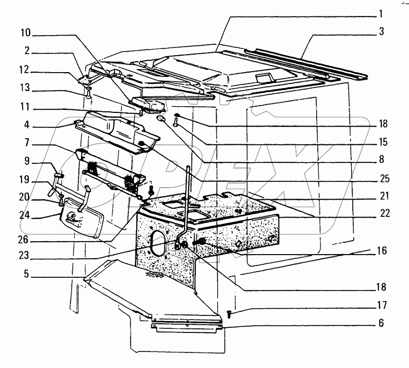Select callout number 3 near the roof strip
click(x=381, y=32)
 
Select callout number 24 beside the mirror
click(x=26, y=215)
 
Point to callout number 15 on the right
click(x=381, y=142)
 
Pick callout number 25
click(x=381, y=179)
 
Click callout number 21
click(x=381, y=196)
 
